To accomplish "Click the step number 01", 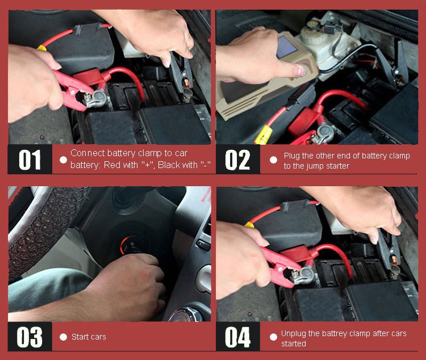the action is [x=30, y=160].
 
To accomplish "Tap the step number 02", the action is [x=237, y=160].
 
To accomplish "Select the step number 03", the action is [x=30, y=337].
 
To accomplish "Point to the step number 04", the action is [x=237, y=337].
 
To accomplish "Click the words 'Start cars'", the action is [x=89, y=337].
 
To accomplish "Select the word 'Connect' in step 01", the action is [x=87, y=153].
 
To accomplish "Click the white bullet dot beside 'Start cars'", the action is [x=63, y=337].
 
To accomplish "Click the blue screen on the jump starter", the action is [x=286, y=47].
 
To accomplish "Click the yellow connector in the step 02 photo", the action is [x=264, y=135].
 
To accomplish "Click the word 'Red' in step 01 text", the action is [x=112, y=165].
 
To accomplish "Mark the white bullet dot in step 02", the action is [x=273, y=160].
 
